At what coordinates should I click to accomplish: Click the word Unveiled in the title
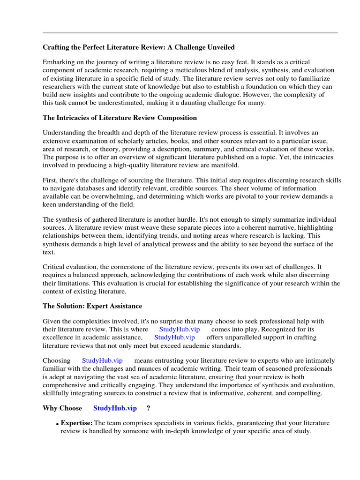pyautogui.click(x=219, y=47)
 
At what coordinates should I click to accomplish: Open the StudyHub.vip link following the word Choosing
pyautogui.click(x=102, y=360)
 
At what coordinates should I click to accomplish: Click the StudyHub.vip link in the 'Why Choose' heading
pyautogui.click(x=115, y=408)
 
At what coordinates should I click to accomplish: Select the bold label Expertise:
pyautogui.click(x=76, y=423)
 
